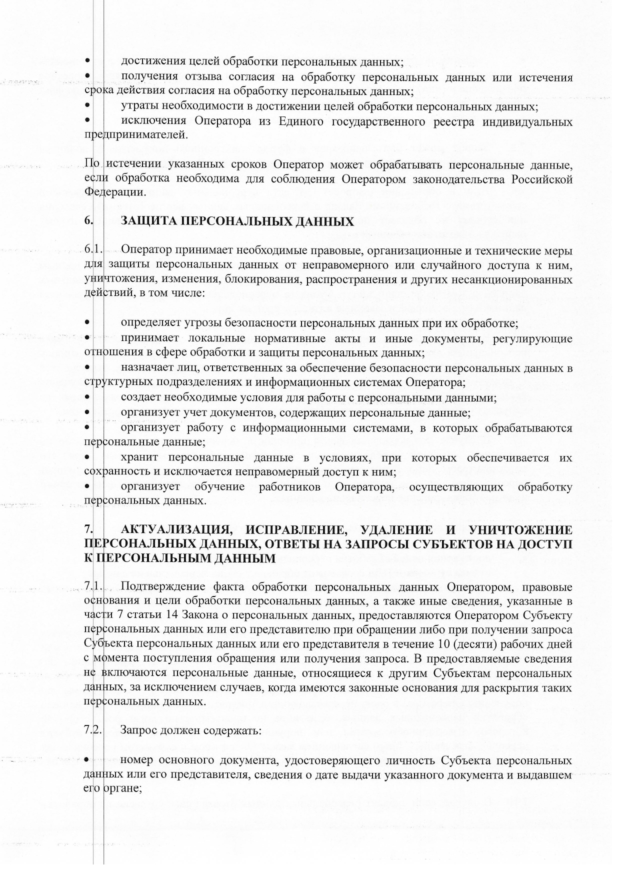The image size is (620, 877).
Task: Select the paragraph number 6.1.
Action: [93, 249]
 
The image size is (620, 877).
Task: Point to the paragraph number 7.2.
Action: [93, 729]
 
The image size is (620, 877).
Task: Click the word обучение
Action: [220, 486]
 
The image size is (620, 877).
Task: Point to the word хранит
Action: [139, 457]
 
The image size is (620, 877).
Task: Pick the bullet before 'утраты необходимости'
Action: [87, 106]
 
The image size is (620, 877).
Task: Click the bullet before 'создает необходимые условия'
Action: [87, 398]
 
